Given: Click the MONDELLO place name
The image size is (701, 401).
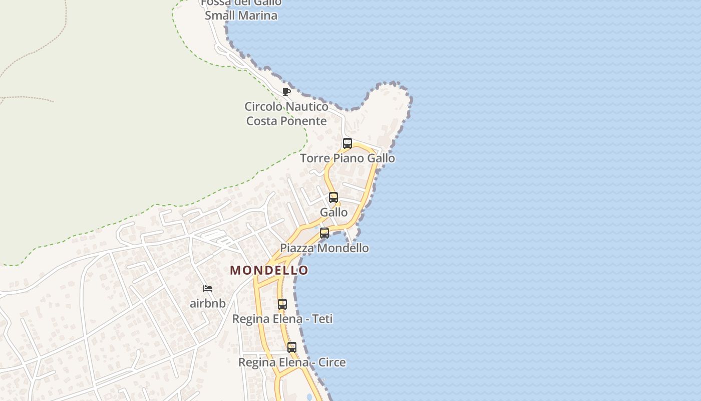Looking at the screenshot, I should click(x=269, y=270).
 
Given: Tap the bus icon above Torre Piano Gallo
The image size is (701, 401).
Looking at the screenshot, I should click(x=347, y=143).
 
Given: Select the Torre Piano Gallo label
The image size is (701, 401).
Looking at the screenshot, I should click(x=347, y=158).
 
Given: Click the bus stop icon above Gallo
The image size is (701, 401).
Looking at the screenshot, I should click(x=333, y=197).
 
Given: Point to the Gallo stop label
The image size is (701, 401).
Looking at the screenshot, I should click(x=334, y=213).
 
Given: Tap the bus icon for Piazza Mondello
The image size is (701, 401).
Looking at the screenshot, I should click(x=324, y=233).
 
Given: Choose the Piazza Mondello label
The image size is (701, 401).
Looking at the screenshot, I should click(x=324, y=248).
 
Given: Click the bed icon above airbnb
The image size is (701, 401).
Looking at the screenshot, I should click(x=208, y=289).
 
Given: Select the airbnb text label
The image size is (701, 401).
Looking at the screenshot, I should click(x=208, y=304).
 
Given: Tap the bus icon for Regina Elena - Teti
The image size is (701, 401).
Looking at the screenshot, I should click(x=282, y=304).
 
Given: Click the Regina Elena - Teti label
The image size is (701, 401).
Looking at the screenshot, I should click(x=282, y=319).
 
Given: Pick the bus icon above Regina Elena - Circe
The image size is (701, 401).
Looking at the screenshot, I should click(x=292, y=347).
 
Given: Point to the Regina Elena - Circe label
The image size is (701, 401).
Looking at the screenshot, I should click(x=292, y=362).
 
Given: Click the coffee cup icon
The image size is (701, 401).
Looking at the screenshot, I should click(x=286, y=92).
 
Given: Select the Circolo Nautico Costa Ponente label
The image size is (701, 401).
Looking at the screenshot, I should click(x=286, y=114).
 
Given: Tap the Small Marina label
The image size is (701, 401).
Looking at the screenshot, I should click(x=241, y=16).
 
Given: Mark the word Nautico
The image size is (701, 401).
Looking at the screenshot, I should click(x=307, y=107).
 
